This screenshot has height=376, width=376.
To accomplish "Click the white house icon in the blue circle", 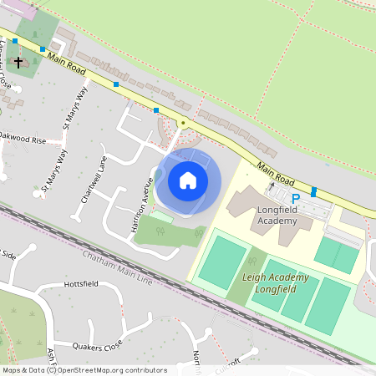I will pyautogui.click(x=188, y=180).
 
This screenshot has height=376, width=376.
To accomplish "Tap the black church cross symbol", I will pyautogui.click(x=18, y=62).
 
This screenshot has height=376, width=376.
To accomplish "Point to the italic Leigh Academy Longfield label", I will pyautogui.click(x=276, y=282).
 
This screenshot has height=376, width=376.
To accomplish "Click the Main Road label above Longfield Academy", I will pyautogui.click(x=277, y=173).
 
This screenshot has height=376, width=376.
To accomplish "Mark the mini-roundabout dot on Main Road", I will pyautogui.click(x=182, y=124).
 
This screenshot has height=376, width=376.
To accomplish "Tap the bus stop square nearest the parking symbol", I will pyautogui.click(x=314, y=191).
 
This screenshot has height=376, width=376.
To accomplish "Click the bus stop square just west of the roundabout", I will pyautogui.click(x=156, y=109).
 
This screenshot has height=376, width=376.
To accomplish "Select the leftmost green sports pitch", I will pyautogui.click(x=221, y=261).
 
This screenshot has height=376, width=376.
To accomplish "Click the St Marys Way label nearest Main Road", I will pyautogui.click(x=76, y=107).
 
